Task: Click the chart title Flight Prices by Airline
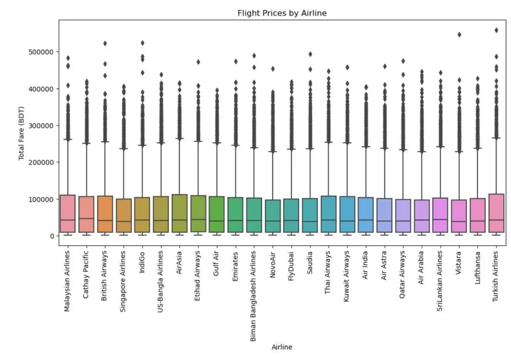coord(282,13)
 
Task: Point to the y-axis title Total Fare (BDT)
coord(21,133)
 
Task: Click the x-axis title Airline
coord(282,347)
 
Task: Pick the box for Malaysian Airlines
coord(67,213)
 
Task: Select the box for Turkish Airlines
coord(496,213)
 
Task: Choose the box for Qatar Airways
coord(403,216)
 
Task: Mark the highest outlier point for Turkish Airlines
coord(496,30)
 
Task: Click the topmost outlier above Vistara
coord(459,34)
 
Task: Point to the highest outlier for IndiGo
coord(142,43)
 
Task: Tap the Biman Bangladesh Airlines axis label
coord(254,296)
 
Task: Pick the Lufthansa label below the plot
coord(477,270)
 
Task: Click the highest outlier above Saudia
coord(310,54)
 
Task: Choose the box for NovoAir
coord(273,216)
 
